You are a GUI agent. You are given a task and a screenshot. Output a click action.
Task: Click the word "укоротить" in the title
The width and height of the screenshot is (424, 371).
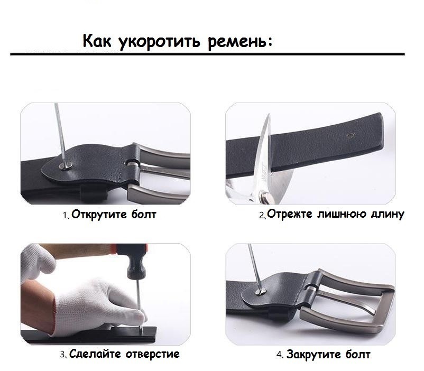[160, 42]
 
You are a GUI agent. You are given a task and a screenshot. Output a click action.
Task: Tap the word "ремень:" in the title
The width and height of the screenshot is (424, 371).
[240, 42]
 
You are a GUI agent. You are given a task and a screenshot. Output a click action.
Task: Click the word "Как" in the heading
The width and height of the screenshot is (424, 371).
[97, 41]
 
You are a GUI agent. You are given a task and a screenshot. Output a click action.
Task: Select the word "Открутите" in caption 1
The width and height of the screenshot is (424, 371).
[99, 215]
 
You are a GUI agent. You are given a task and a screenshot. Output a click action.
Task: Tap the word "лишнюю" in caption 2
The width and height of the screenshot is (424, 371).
[342, 214]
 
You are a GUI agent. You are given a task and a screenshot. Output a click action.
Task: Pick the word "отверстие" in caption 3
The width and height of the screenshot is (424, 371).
[153, 354]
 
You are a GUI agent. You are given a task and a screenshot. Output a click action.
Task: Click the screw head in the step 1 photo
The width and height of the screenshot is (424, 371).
[66, 165]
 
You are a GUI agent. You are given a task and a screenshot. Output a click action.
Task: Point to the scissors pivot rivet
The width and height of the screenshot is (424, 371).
[266, 196]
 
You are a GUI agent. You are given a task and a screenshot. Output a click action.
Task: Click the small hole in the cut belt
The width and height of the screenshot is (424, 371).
[351, 135]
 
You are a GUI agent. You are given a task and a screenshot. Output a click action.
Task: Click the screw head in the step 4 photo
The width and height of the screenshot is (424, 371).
[261, 292]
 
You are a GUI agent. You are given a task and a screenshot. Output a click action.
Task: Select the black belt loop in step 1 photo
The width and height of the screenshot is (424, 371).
[94, 192]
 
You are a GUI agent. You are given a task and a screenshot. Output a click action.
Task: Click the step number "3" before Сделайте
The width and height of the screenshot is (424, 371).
[62, 355]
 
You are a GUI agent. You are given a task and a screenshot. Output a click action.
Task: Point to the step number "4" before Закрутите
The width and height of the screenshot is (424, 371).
[279, 355]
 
